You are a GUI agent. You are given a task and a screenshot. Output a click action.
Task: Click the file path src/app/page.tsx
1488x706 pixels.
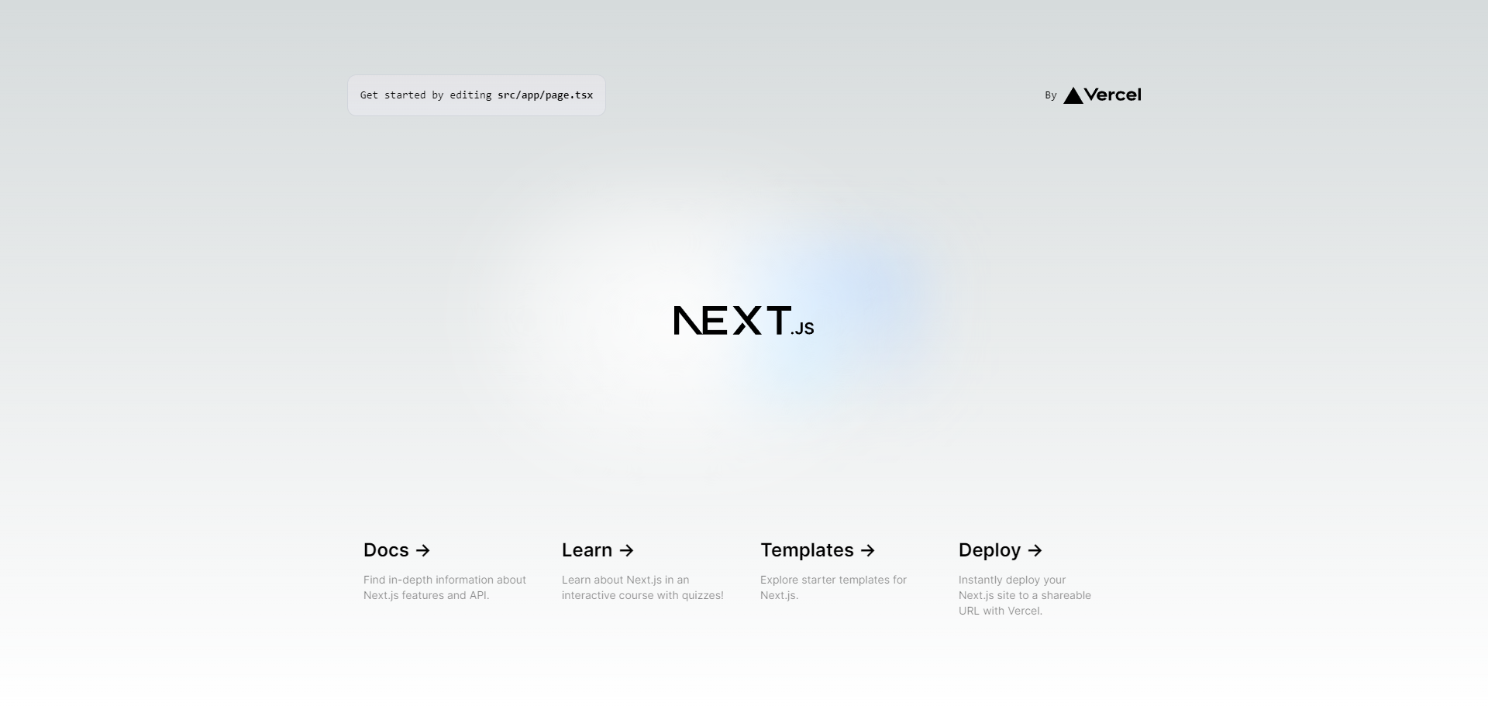click(x=546, y=95)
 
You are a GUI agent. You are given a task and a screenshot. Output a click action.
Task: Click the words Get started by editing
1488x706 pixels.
click(x=425, y=95)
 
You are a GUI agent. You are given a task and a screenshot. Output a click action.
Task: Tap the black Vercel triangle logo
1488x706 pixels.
click(x=1073, y=95)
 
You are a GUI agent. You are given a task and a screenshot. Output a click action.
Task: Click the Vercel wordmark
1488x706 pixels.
click(x=1113, y=95)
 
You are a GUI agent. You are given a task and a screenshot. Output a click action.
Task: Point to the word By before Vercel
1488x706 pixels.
click(x=1051, y=95)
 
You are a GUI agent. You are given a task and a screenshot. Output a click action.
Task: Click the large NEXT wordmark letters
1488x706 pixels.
click(x=732, y=320)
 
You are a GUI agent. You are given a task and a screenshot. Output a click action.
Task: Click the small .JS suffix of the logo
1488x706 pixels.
click(x=803, y=329)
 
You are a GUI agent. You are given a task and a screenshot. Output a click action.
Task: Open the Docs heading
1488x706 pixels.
click(x=386, y=550)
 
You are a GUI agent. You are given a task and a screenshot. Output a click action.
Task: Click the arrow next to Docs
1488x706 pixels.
click(x=423, y=550)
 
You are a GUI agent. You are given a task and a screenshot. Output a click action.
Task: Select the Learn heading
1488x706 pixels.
click(x=587, y=550)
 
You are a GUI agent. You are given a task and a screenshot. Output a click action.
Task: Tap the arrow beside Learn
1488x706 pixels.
click(x=627, y=550)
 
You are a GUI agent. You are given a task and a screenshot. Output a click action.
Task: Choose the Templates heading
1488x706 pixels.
click(x=807, y=550)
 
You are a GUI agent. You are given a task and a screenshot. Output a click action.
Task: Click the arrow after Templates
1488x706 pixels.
click(x=868, y=550)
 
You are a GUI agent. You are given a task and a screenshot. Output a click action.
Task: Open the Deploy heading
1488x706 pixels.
click(x=990, y=550)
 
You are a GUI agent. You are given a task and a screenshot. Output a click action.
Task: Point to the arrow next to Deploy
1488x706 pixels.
click(x=1035, y=550)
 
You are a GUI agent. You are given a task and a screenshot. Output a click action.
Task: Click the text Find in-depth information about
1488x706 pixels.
click(x=445, y=580)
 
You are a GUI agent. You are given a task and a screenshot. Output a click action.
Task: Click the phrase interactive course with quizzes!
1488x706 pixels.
click(x=642, y=595)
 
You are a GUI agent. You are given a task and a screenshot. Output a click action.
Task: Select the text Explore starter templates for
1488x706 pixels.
click(x=833, y=580)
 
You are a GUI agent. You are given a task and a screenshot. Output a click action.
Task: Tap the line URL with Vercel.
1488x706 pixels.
click(x=1001, y=611)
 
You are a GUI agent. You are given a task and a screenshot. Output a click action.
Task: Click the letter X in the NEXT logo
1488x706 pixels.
click(x=747, y=320)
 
